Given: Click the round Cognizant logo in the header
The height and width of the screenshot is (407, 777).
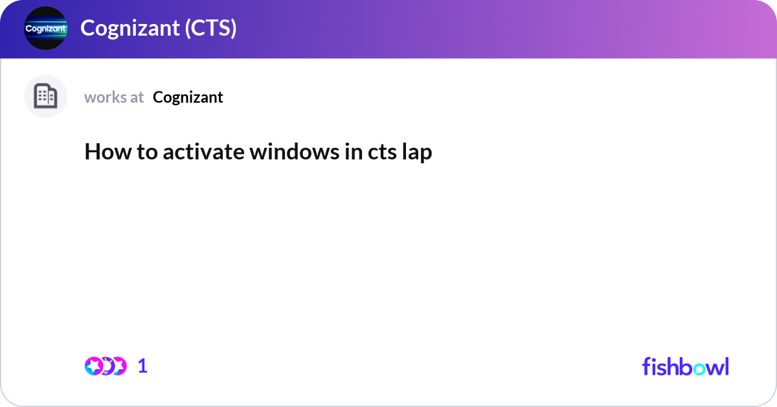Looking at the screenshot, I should pos(45,29).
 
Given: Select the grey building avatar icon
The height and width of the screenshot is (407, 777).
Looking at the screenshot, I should pos(45,97).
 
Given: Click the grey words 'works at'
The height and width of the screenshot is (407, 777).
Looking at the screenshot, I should pos(114,97).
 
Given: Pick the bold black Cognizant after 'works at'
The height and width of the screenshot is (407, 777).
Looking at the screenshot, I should pos(188,97).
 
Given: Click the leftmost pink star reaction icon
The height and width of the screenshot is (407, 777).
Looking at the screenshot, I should pos(93,366).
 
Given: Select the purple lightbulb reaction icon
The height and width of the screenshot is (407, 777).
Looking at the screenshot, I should pos(106,366).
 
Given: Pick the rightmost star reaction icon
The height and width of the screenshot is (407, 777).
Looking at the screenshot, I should pos(118,366).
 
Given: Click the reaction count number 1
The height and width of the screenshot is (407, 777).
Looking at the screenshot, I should pos(142,366).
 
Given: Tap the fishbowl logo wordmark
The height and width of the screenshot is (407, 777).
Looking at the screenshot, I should pos(685,366).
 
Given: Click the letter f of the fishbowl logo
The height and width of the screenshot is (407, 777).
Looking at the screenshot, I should pos(646,366).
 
